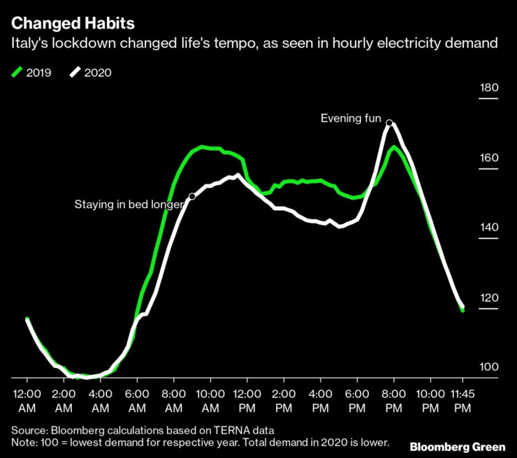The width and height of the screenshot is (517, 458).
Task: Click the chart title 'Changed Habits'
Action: tap(63, 23)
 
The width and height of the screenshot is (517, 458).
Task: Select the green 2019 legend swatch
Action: tap(18, 72)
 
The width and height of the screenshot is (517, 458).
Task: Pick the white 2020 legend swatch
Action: tap(76, 72)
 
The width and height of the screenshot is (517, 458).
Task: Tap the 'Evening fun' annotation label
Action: tap(351, 119)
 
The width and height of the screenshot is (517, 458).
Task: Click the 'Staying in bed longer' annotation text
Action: tap(129, 205)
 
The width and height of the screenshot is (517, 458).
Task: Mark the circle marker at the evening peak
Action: tap(389, 123)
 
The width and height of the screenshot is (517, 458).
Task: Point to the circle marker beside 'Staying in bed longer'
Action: tap(192, 197)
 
